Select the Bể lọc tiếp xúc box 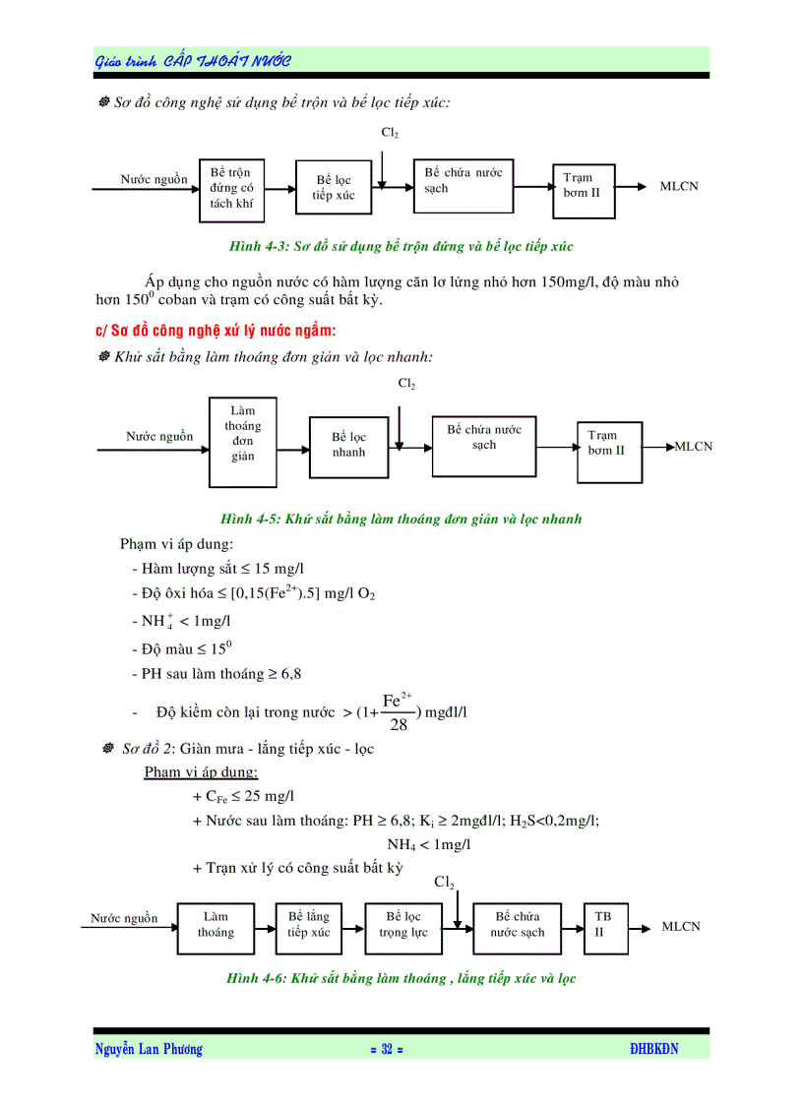[333, 188]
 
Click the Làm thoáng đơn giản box [242, 442]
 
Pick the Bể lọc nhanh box [348, 446]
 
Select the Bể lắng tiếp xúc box [309, 926]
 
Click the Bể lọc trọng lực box [403, 926]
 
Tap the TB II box [604, 926]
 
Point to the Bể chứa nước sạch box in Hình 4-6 [518, 926]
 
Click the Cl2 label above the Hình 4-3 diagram [390, 132]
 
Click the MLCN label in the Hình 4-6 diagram [681, 927]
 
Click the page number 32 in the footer [387, 1050]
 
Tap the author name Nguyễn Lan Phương [149, 1050]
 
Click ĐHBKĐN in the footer [654, 1050]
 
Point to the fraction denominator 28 [399, 725]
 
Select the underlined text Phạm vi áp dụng [201, 772]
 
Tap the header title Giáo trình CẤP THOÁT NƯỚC [193, 61]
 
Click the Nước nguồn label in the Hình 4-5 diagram [159, 437]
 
